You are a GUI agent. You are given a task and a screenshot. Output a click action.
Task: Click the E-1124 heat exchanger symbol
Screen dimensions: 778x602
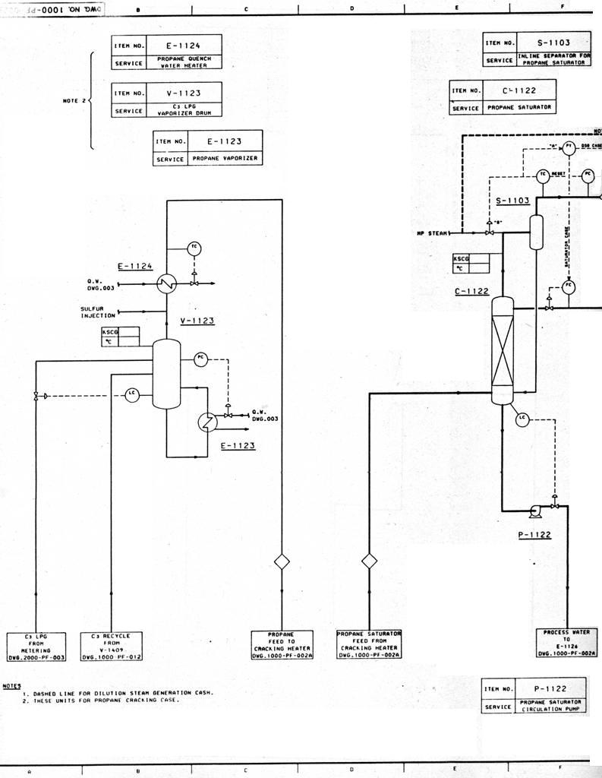coord(165,284)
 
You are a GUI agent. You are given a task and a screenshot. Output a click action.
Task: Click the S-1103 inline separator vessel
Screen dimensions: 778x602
coord(536,232)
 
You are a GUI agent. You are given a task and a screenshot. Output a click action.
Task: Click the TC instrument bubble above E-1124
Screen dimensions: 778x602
coord(194,248)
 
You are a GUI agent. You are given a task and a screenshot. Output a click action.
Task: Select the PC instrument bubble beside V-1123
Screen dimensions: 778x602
coord(200,359)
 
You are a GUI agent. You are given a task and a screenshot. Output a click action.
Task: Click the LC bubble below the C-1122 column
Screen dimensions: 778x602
coord(522,418)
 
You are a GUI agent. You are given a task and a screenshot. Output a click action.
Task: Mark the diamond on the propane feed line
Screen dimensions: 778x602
coord(282,561)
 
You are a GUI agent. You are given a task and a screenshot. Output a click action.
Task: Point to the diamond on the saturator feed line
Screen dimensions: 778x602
coord(369,561)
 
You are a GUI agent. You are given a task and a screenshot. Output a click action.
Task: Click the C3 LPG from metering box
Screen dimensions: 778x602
coord(36,646)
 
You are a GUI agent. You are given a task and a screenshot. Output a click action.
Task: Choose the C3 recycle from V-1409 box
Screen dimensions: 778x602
coord(111,646)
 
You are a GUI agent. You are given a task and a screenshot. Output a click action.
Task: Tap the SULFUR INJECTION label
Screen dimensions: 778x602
coord(98,312)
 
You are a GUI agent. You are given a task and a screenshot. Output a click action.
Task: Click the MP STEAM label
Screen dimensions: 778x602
coord(433,233)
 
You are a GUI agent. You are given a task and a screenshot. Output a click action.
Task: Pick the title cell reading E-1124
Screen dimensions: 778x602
coord(183,46)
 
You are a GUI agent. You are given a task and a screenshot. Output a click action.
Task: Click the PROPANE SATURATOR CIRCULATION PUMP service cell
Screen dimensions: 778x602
coord(551,705)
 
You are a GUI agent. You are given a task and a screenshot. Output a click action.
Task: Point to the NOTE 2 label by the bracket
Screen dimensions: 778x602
coord(74,100)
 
